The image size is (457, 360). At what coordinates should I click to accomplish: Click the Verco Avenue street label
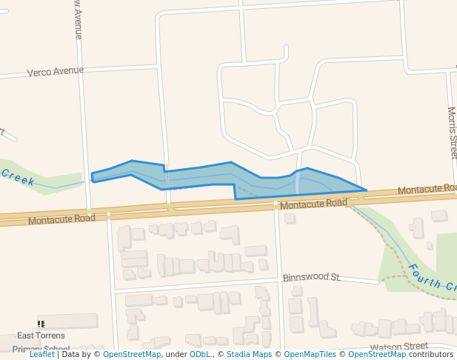pos(56,72)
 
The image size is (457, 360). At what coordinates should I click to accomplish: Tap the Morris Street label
pos(452,133)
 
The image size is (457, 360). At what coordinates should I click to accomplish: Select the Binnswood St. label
pos(312,278)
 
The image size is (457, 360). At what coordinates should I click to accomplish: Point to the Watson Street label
pos(399,346)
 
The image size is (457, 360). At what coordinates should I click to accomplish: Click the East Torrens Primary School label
pos(41,341)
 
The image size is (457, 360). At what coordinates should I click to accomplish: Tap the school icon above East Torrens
pos(41,324)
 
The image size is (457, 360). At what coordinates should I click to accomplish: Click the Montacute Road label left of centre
pos(62,219)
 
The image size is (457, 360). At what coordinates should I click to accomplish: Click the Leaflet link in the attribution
pos(41,354)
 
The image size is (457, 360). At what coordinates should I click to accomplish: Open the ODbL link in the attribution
pos(200,354)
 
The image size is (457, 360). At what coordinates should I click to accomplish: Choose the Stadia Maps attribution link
pos(248,354)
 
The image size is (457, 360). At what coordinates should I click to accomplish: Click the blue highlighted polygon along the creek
pos(200,176)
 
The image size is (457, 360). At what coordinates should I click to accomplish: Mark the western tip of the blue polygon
pos(92,176)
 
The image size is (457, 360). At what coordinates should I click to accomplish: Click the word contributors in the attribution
pos(431,354)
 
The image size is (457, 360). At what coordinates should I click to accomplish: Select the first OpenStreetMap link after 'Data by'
pos(132,354)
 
